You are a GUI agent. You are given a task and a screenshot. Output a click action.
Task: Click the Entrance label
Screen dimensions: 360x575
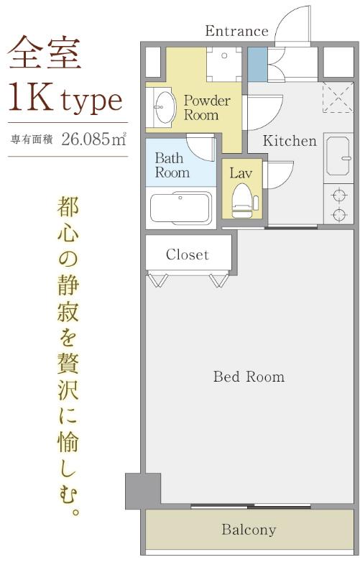[x=236, y=31]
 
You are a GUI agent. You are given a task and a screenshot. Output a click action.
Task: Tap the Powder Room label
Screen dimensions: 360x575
[x=207, y=108]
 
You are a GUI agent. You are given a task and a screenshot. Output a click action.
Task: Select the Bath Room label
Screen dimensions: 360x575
[x=172, y=165]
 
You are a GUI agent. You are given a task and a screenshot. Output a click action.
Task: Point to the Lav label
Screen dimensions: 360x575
[x=241, y=173]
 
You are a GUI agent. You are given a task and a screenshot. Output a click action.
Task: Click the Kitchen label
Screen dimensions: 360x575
[x=290, y=141]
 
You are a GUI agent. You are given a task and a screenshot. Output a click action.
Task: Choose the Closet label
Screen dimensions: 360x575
[x=188, y=254]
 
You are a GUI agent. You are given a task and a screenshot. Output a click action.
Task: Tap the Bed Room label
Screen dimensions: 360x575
[x=249, y=377]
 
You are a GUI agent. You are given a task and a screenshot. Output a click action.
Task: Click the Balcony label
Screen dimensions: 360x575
[x=249, y=530]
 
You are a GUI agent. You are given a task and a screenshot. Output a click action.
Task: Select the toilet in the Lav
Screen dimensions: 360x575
[x=244, y=201]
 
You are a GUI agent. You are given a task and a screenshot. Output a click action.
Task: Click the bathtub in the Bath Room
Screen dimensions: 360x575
[x=181, y=208]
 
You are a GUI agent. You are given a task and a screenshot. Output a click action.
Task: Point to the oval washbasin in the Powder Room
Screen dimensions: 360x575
[x=165, y=107]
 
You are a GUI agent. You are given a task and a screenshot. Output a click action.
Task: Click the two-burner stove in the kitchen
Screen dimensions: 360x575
[x=338, y=204]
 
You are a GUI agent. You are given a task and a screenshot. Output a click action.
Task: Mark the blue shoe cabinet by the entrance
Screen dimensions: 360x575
[x=257, y=64]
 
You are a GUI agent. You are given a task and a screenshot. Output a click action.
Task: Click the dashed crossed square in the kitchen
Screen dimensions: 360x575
[x=338, y=97]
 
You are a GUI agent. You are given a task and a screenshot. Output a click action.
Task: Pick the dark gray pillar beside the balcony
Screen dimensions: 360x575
[x=143, y=492]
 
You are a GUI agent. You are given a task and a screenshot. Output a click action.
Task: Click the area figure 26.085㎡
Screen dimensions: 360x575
[x=94, y=139]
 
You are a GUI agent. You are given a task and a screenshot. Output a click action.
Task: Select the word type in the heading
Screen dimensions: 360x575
[x=92, y=101]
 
